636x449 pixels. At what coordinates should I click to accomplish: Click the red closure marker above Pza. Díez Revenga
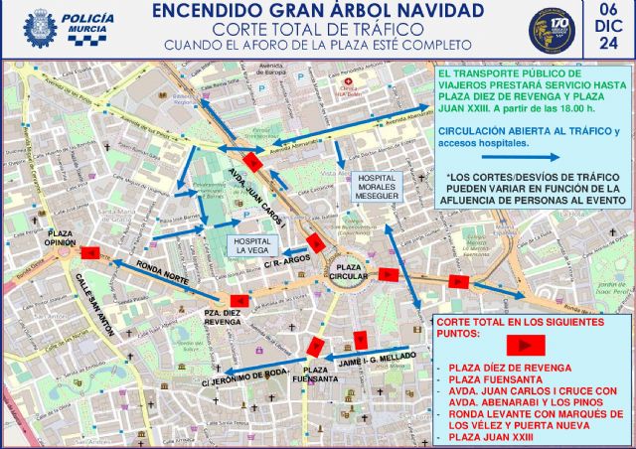tap(238, 301)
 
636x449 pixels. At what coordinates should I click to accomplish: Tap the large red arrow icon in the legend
tap(526, 346)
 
